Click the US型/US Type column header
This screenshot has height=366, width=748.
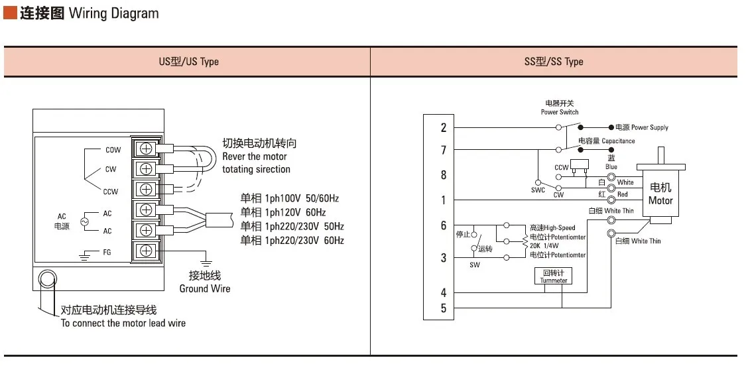pyautogui.click(x=188, y=62)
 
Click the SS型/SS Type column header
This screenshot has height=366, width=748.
pyautogui.click(x=553, y=62)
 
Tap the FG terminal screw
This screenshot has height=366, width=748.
pyautogui.click(x=146, y=251)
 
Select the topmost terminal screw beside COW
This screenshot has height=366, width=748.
pyautogui.click(x=146, y=149)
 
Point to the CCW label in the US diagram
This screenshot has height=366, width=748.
pyautogui.click(x=110, y=192)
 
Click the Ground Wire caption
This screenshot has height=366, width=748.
pyautogui.click(x=205, y=288)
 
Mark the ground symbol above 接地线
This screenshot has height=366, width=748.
pyautogui.click(x=206, y=261)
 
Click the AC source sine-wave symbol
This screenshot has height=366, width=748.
pyautogui.click(x=85, y=222)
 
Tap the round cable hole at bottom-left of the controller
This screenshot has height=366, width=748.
pyautogui.click(x=47, y=278)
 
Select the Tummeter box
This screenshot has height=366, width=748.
pyautogui.click(x=553, y=276)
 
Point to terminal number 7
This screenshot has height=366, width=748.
pyautogui.click(x=443, y=151)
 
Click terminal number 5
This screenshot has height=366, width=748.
pyautogui.click(x=443, y=308)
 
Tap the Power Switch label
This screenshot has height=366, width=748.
pyautogui.click(x=559, y=112)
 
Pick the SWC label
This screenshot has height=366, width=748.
pyautogui.click(x=538, y=190)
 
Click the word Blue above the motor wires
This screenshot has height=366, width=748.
pyautogui.click(x=611, y=166)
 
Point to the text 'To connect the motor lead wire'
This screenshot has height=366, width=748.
pyautogui.click(x=123, y=323)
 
